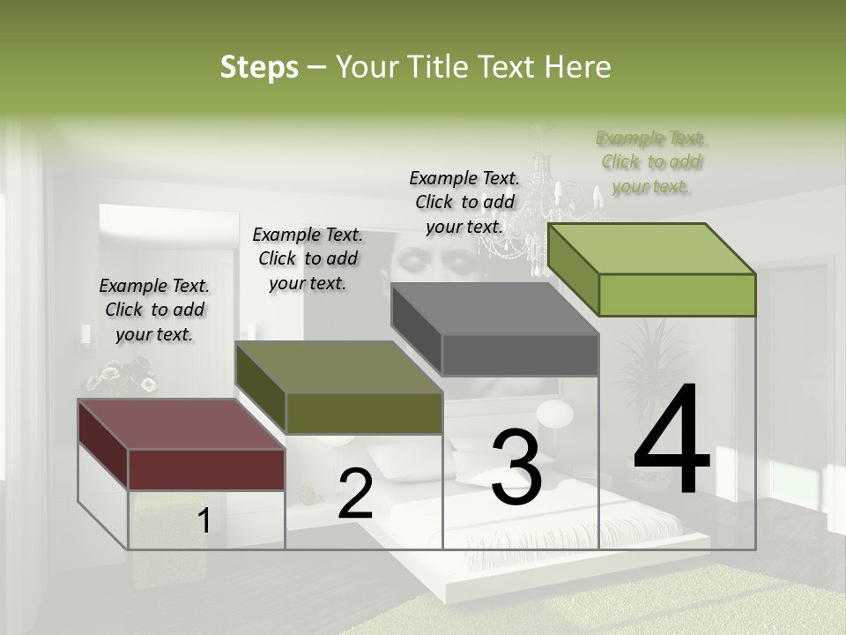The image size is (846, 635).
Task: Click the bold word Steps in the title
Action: tap(259, 67)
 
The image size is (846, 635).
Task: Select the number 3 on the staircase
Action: tap(516, 467)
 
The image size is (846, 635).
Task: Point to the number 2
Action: tap(355, 495)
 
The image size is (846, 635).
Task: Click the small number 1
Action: tap(204, 521)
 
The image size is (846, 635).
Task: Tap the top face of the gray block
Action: tap(493, 309)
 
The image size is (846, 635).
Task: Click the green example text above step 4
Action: tap(651, 162)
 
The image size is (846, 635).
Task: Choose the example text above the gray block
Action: tap(464, 202)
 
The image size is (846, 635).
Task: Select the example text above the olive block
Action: tap(308, 258)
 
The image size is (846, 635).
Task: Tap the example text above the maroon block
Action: tap(154, 310)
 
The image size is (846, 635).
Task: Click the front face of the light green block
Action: tap(677, 295)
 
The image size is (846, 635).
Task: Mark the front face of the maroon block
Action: tap(206, 469)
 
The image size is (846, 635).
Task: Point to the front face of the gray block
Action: tap(520, 355)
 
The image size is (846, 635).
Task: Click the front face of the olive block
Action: tap(364, 413)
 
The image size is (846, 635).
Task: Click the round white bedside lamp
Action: tap(554, 415)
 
